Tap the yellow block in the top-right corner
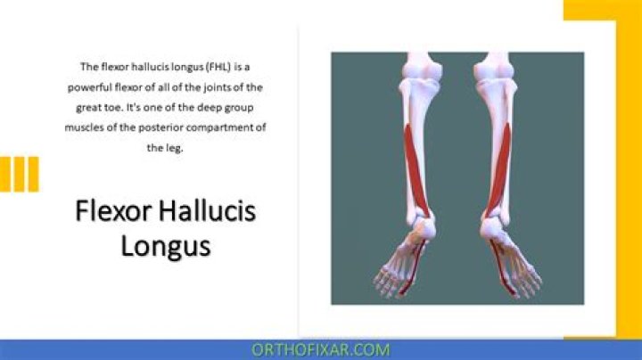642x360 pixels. pos(602,11)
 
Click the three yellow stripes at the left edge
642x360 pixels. pos(20,175)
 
